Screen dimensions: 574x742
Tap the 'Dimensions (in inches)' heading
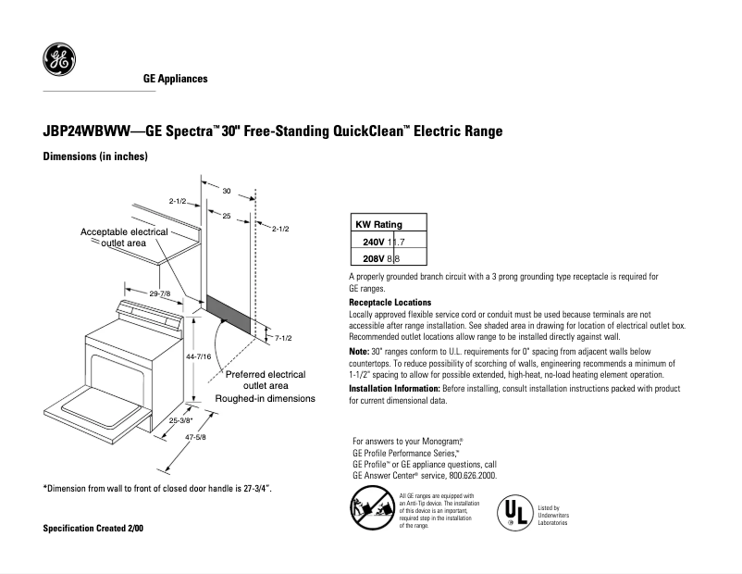click(x=95, y=157)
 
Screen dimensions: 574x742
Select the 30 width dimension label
click(x=226, y=190)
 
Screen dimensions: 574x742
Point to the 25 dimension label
click(x=226, y=215)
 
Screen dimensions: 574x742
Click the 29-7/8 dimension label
click(x=160, y=293)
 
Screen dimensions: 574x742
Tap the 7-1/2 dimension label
click(x=283, y=338)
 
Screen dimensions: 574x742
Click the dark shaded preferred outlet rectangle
click(x=228, y=314)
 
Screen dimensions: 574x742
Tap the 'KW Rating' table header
click(x=379, y=225)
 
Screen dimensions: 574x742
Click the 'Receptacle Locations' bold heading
click(x=390, y=303)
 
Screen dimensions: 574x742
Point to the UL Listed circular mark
click(x=516, y=513)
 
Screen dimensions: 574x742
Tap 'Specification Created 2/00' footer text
click(x=93, y=528)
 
